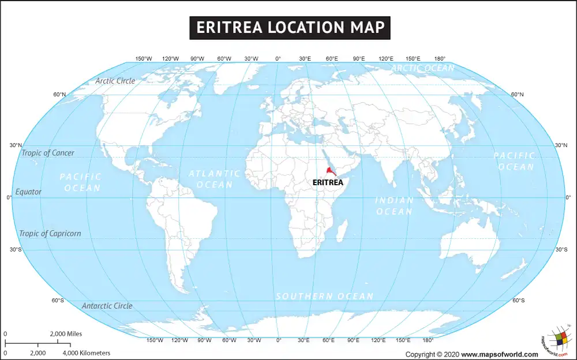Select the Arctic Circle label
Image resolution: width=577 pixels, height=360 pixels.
tap(115, 81)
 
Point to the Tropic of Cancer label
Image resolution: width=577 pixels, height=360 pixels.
tap(48, 153)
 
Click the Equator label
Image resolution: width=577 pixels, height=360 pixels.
tap(28, 192)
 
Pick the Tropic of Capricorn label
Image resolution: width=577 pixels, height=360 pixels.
tap(50, 234)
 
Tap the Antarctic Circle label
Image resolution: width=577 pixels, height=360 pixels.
tap(107, 306)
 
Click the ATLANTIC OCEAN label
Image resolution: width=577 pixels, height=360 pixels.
tap(214, 179)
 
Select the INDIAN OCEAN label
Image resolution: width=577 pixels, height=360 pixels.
tap(395, 206)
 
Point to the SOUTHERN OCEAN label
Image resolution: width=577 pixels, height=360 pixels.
tap(324, 296)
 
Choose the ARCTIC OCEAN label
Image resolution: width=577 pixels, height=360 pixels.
tap(423, 68)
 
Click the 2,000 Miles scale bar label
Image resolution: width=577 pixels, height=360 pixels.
tap(66, 334)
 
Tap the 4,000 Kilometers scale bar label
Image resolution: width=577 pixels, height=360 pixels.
tap(86, 352)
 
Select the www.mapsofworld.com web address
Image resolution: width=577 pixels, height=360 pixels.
tap(508, 354)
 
